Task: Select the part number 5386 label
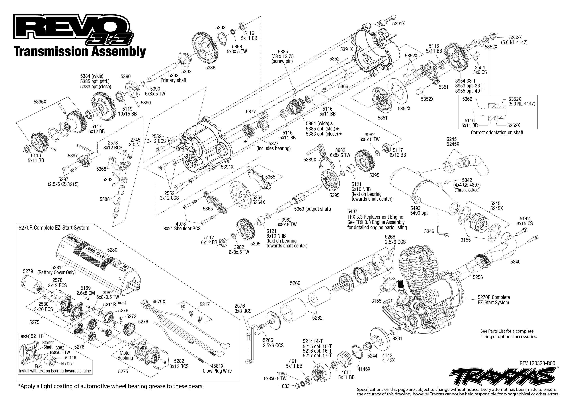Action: (210, 68)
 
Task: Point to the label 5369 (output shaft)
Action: (312, 209)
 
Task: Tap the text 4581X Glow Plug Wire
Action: (217, 368)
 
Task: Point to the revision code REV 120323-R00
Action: (537, 363)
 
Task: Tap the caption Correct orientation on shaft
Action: (497, 132)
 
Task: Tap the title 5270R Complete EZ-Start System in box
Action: (54, 228)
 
